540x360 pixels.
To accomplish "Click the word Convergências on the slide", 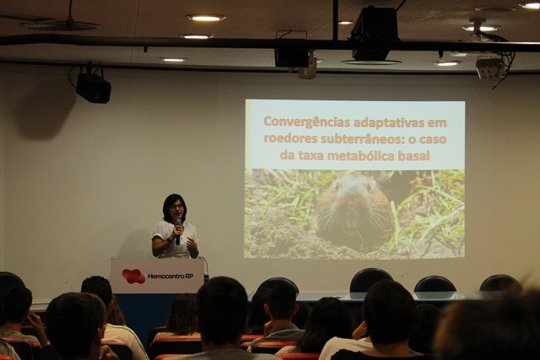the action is pyautogui.click(x=306, y=123).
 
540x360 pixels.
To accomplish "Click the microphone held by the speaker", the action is pyautogui.click(x=178, y=231).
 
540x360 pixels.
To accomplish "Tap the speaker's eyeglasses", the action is pyautogui.click(x=176, y=207).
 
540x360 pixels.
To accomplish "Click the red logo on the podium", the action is pyautogui.click(x=133, y=276).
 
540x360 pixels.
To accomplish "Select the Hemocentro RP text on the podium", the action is pyautogui.click(x=170, y=276).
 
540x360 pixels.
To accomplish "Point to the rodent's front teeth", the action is pyautogui.click(x=351, y=223).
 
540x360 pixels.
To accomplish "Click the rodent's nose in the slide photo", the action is pyautogui.click(x=351, y=207).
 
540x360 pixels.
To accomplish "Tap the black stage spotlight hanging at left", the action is pyautogui.click(x=93, y=88).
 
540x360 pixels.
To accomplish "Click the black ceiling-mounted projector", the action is pyautogui.click(x=375, y=34).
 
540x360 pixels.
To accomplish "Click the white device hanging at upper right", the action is pyautogui.click(x=489, y=68).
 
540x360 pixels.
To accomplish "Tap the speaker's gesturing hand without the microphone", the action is pyautogui.click(x=192, y=244).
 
